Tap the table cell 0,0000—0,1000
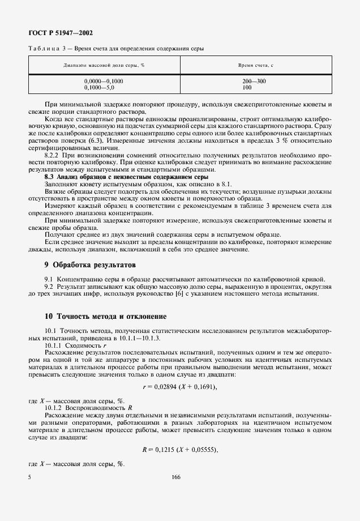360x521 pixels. (x=104, y=82)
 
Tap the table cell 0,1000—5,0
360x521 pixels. (x=99, y=88)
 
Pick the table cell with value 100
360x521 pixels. (x=247, y=88)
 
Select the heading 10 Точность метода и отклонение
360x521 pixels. (x=105, y=316)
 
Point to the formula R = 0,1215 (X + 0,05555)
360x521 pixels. (x=180, y=449)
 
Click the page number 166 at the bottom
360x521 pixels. (x=175, y=478)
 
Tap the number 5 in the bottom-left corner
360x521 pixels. (x=29, y=478)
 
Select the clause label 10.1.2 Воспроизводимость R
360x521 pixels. (x=88, y=407)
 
